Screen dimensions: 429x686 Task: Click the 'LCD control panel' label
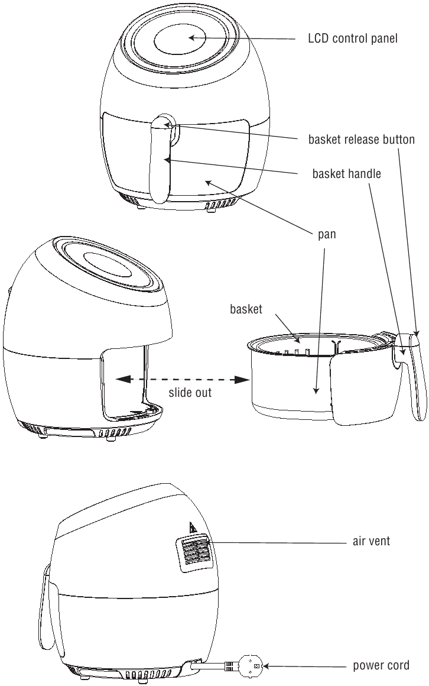353,38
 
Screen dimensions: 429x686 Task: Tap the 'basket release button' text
361,140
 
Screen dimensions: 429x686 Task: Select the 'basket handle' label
346,174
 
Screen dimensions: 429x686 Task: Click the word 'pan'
327,235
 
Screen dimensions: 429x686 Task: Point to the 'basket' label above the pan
246,309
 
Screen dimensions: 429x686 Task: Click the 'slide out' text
190,393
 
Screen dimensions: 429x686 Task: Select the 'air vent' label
371,541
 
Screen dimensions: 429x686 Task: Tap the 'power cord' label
381,666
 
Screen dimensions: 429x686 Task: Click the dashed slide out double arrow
183,379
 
